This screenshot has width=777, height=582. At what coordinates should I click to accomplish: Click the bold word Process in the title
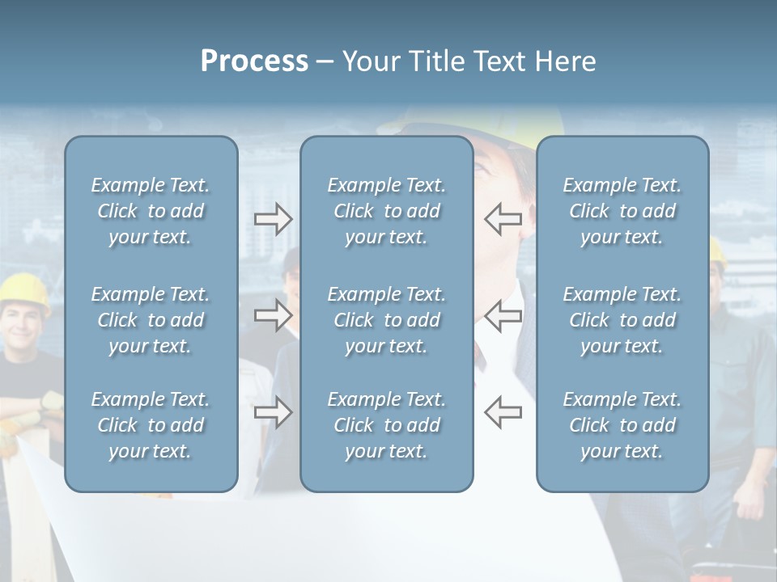point(254,61)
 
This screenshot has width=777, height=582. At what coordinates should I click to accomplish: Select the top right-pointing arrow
point(273,219)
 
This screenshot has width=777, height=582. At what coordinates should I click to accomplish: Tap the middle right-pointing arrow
point(273,314)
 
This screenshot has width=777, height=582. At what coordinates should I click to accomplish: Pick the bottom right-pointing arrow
point(273,412)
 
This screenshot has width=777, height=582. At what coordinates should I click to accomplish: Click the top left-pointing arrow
point(503,219)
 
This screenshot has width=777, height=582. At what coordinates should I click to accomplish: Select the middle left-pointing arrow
point(503,314)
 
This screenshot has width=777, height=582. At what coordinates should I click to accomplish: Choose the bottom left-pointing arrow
point(503,412)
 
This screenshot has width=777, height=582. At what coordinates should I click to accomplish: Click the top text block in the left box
point(151,211)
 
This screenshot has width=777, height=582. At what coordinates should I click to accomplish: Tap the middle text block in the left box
point(151,320)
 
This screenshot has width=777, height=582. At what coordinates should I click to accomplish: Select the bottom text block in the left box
point(151,425)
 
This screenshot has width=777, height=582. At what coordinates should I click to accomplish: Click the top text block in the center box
point(386,211)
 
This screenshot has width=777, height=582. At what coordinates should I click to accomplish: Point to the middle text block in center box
point(386,320)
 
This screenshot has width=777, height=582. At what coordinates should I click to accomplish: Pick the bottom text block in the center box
point(386,425)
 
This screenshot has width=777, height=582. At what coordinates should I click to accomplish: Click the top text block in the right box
point(622,211)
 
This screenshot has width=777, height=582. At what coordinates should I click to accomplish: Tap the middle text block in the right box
point(622,320)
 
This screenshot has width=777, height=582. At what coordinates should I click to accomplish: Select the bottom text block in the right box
point(622,425)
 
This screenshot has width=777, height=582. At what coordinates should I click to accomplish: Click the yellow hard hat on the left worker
point(24,286)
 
